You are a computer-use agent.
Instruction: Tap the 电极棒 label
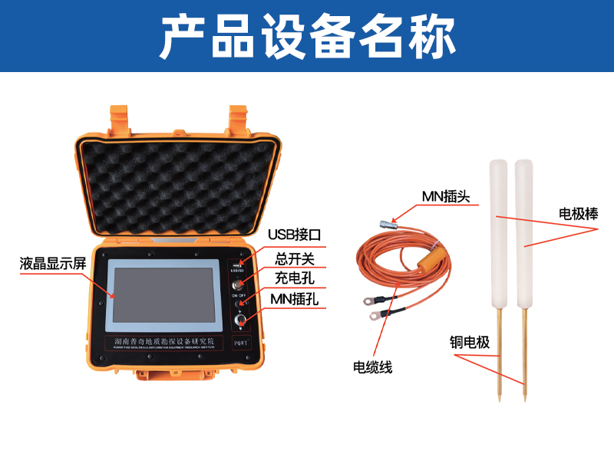[x=578, y=214]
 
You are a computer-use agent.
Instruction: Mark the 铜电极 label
[x=470, y=342]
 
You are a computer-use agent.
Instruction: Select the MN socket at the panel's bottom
[x=239, y=321]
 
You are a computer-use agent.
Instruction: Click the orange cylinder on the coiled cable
[x=431, y=258]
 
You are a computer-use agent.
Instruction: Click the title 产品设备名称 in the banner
[x=307, y=36]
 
